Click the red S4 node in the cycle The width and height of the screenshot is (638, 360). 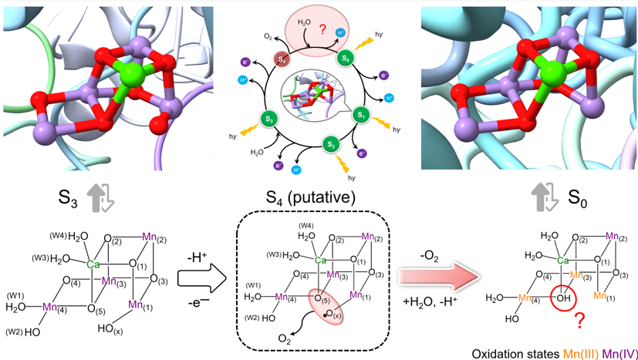[282, 59]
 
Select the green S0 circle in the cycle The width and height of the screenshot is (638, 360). [347, 58]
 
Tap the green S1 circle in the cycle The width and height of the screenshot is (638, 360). [361, 115]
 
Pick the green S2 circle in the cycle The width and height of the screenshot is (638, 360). [330, 144]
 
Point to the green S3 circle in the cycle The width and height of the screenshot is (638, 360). [270, 119]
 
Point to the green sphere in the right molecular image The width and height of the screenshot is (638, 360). [552, 75]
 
